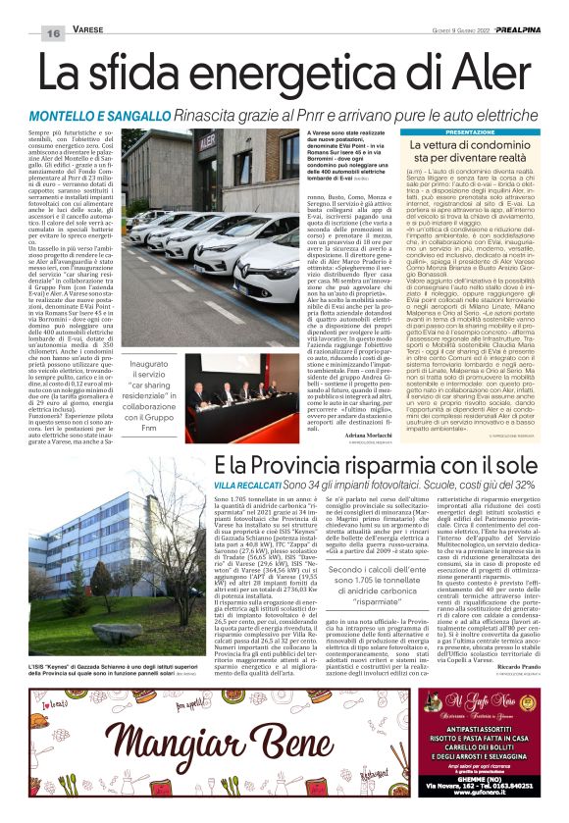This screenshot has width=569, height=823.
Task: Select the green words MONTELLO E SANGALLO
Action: coord(104,116)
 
